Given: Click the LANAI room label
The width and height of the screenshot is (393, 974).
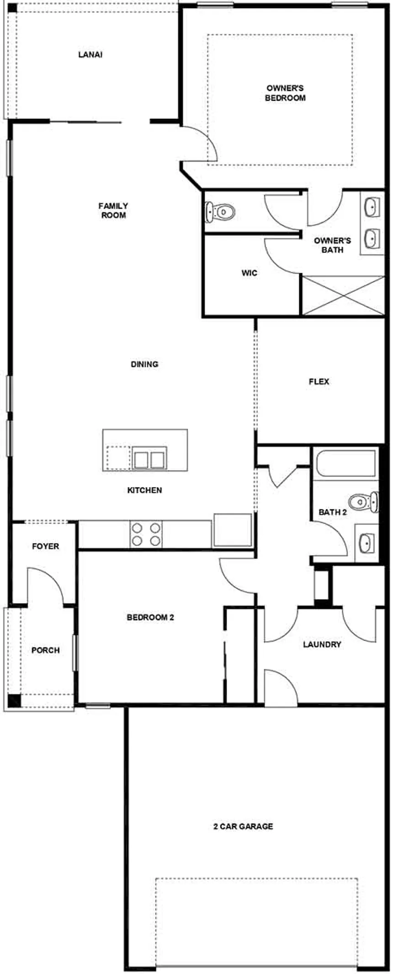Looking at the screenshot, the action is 90,55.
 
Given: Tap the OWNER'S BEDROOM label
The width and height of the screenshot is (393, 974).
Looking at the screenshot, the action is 285,93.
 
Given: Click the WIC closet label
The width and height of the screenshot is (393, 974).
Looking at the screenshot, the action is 249,273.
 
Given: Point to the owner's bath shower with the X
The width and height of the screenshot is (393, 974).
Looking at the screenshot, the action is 343,295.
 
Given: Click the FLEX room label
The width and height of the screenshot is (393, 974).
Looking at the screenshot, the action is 319,381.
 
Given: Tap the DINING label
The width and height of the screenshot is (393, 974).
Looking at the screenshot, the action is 144,364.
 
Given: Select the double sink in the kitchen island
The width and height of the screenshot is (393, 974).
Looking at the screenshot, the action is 149,458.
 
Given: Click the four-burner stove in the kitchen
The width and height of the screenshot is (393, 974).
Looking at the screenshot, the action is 146,534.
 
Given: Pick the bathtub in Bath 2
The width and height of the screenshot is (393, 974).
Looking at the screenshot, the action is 345,464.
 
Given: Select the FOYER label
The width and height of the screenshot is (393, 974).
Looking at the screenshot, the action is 45,546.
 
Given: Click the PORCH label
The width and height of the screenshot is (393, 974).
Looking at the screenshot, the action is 45,650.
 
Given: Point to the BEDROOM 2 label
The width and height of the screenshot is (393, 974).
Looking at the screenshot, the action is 150,617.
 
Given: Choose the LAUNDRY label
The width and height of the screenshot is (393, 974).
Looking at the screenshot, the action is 322,644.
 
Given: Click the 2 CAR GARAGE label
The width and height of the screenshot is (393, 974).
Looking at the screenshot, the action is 243,826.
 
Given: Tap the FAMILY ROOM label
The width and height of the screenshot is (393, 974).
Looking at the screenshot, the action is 113,211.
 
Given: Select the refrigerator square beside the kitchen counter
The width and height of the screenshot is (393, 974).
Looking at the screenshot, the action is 233,530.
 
